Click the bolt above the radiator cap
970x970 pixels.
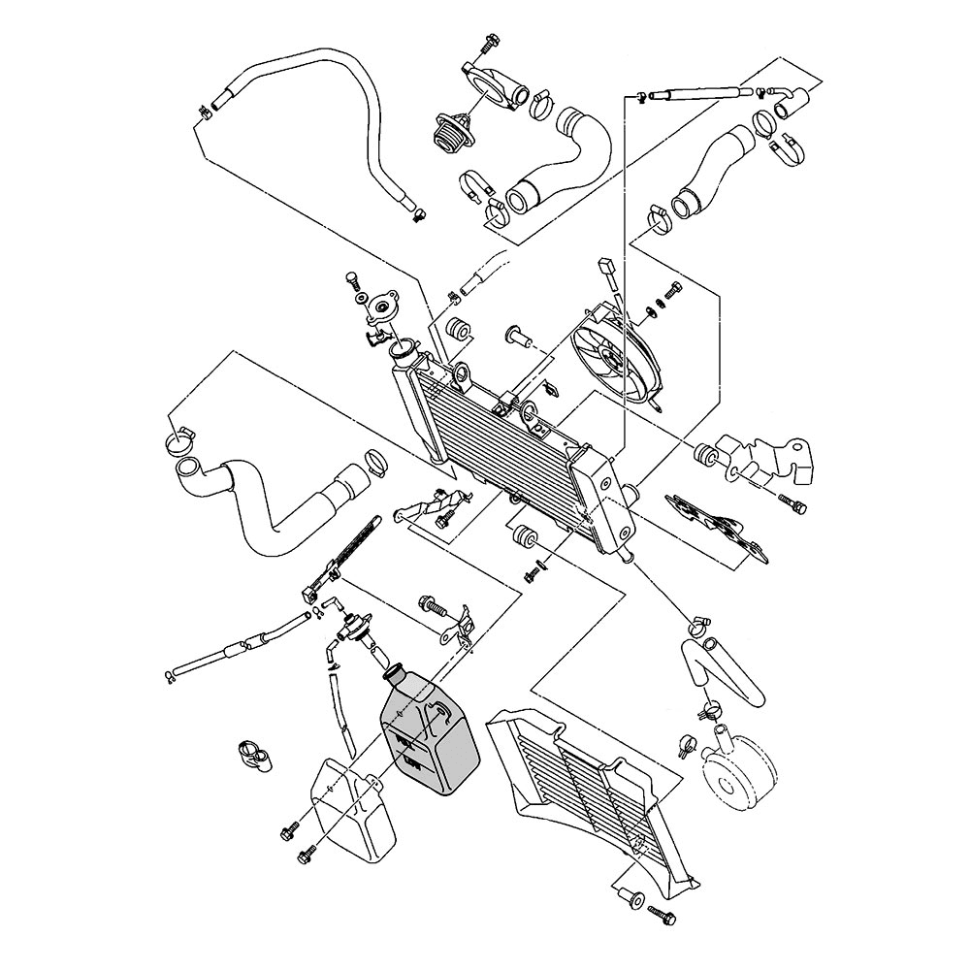tap(352, 282)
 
